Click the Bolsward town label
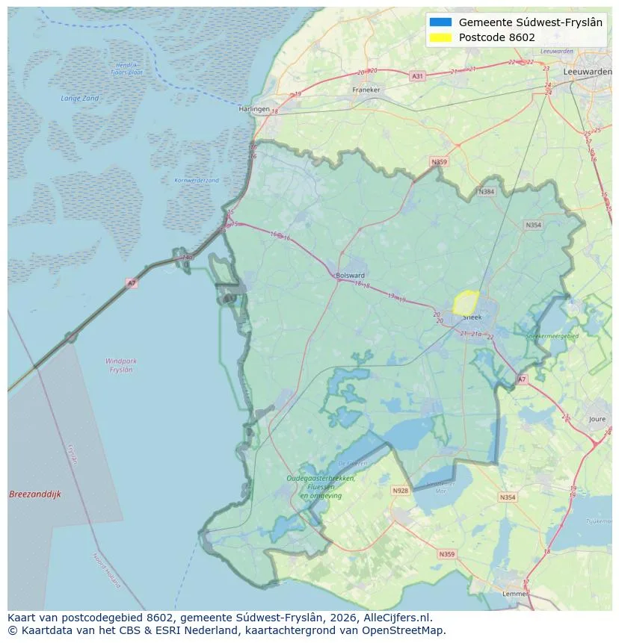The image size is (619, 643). click(351, 275)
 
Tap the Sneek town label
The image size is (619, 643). click(472, 317)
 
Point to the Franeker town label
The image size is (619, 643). click(366, 90)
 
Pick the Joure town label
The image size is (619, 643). click(597, 420)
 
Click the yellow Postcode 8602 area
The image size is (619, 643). click(465, 302)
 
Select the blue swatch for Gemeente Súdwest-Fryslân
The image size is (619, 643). click(441, 22)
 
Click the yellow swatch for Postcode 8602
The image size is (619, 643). click(441, 37)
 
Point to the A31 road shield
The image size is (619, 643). click(417, 76)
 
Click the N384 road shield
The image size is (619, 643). click(487, 192)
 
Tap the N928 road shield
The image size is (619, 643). click(401, 491)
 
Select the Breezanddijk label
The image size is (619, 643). click(35, 494)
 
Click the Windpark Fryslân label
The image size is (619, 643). click(120, 365)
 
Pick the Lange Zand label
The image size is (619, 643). click(79, 99)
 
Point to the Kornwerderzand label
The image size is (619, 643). click(197, 181)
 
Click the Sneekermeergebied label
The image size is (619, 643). click(552, 337)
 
